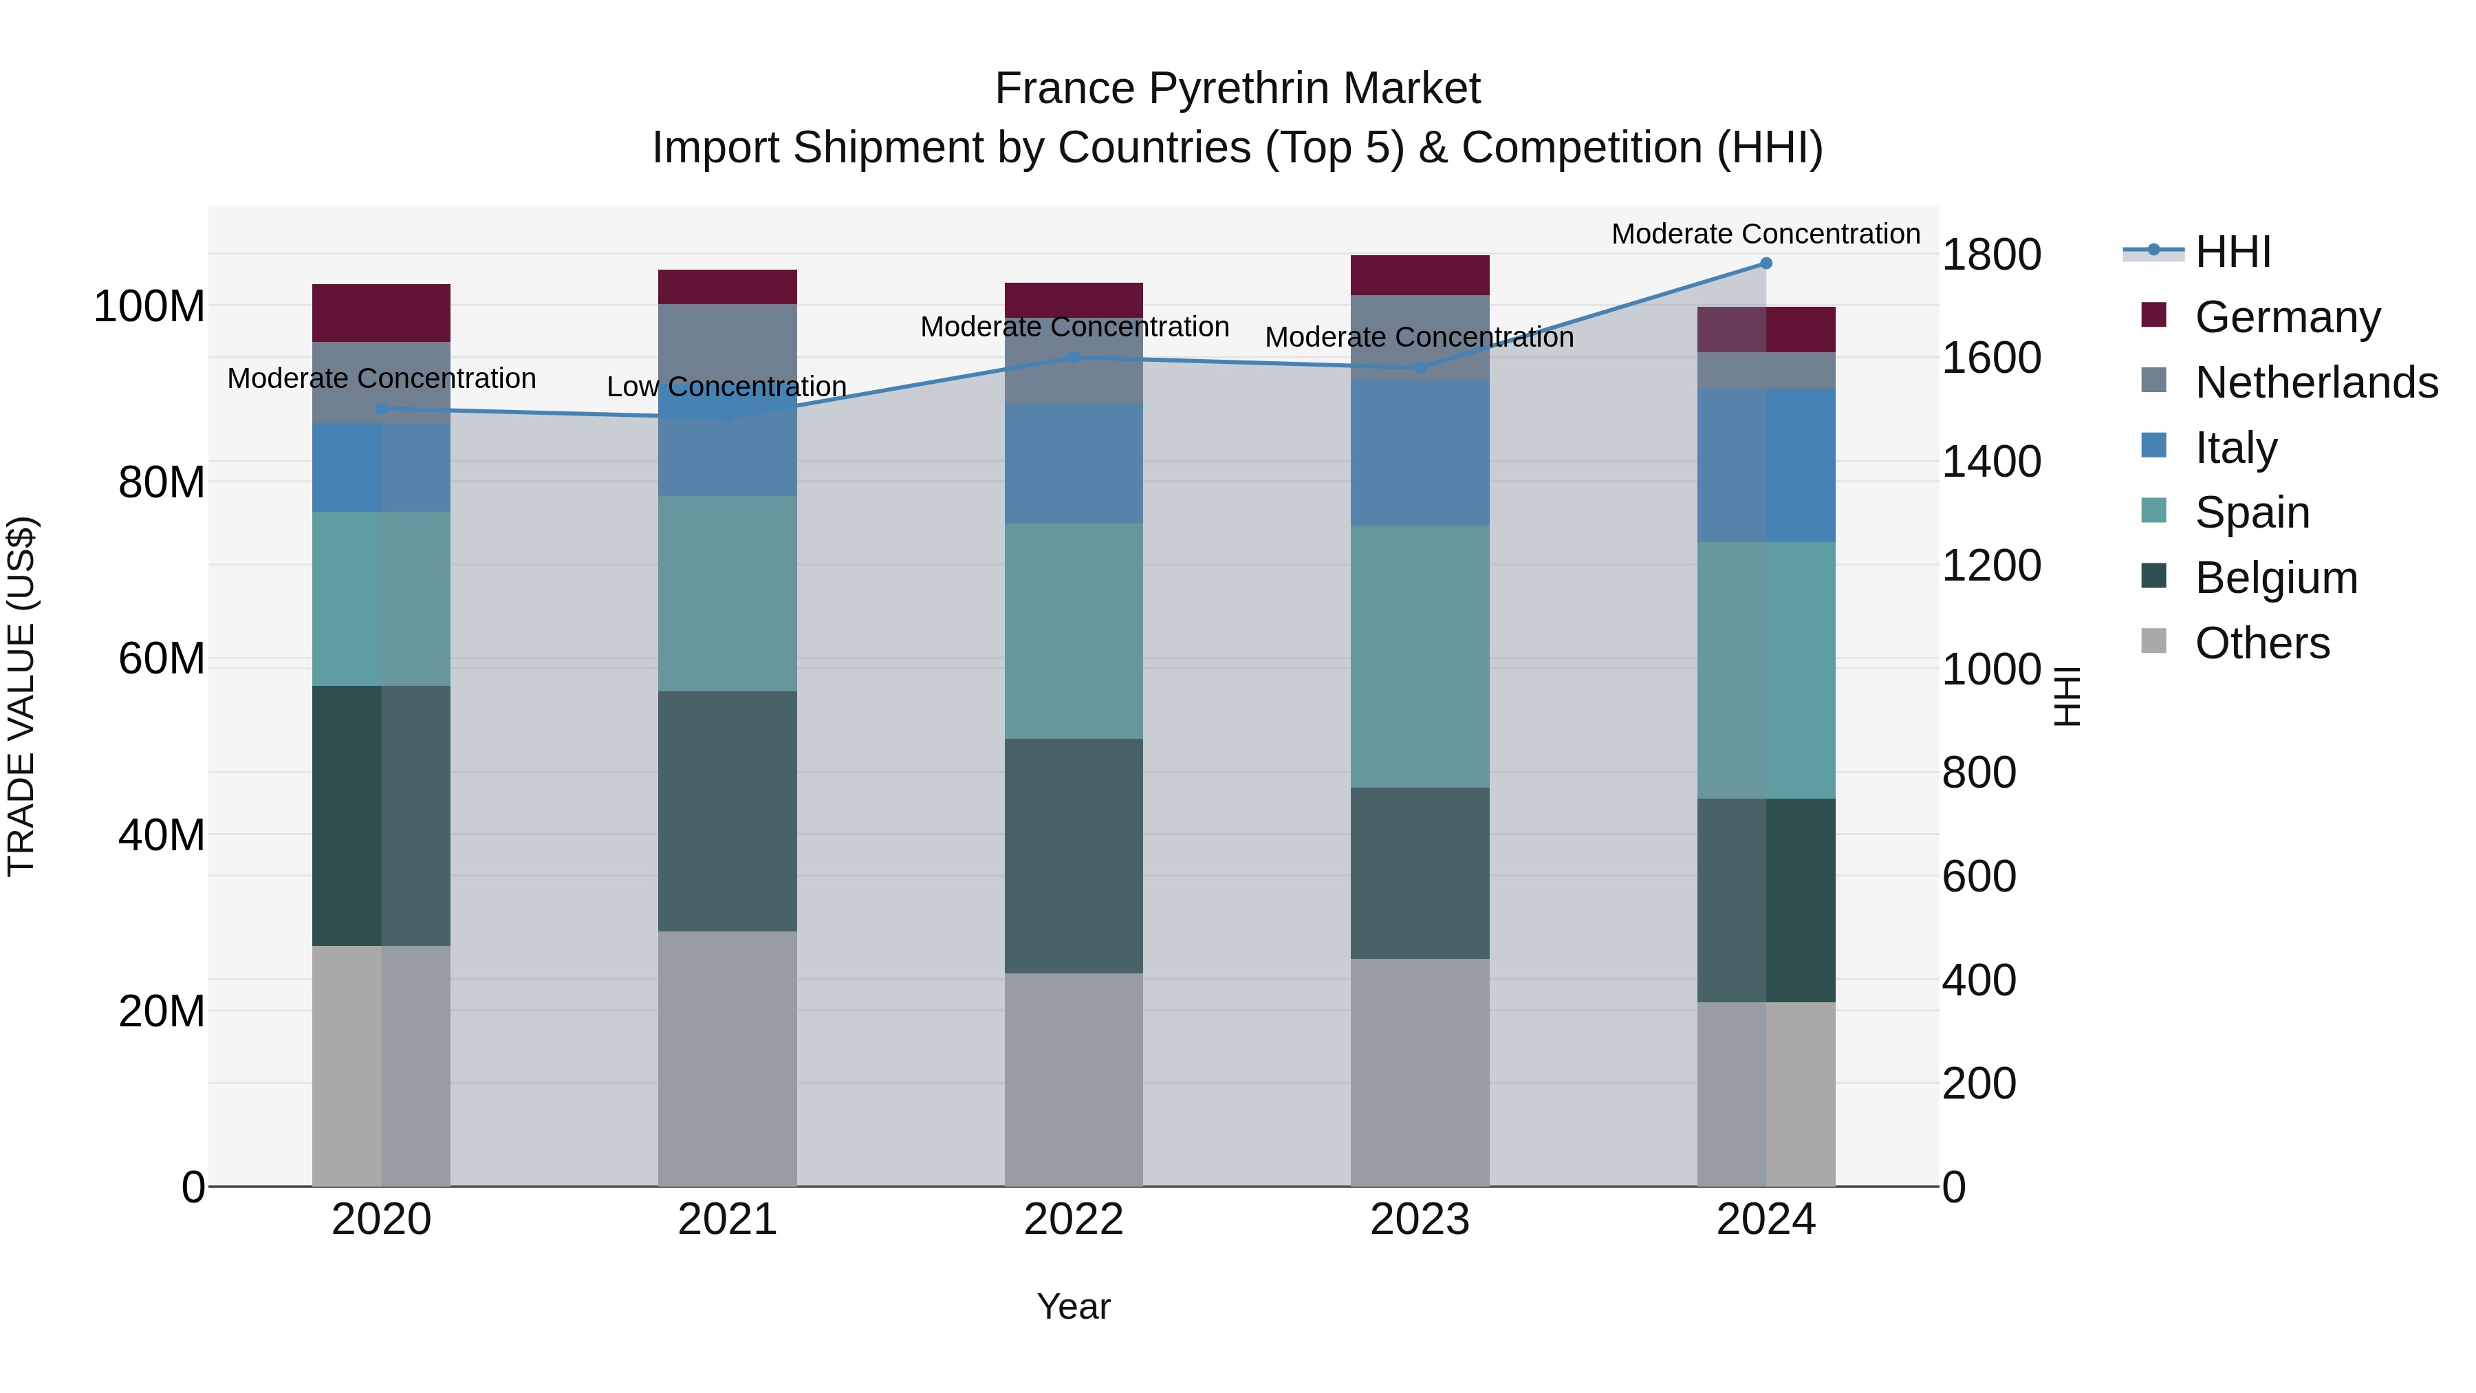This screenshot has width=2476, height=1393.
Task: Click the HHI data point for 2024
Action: tap(1766, 263)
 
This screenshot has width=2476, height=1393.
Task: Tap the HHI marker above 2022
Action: tap(1074, 358)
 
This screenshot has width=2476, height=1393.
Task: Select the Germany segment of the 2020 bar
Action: tap(382, 314)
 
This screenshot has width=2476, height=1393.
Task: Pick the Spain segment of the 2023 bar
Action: tap(1420, 657)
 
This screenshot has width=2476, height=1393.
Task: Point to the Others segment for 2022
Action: tap(1074, 1079)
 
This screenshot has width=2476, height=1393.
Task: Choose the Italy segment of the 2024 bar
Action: tap(1766, 465)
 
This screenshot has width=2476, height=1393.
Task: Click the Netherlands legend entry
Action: tap(2316, 382)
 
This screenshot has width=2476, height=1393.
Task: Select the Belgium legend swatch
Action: tap(2154, 577)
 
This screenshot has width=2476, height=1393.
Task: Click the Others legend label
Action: tap(2263, 643)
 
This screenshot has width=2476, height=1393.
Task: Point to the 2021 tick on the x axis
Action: tap(728, 1220)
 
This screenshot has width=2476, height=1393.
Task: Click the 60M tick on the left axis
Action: tap(162, 660)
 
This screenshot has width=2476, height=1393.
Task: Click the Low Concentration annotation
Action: tap(727, 387)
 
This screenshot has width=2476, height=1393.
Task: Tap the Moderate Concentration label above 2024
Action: tap(1766, 234)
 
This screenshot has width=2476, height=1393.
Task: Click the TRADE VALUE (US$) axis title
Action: tap(21, 696)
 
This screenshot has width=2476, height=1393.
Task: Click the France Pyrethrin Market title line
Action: tap(1237, 89)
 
